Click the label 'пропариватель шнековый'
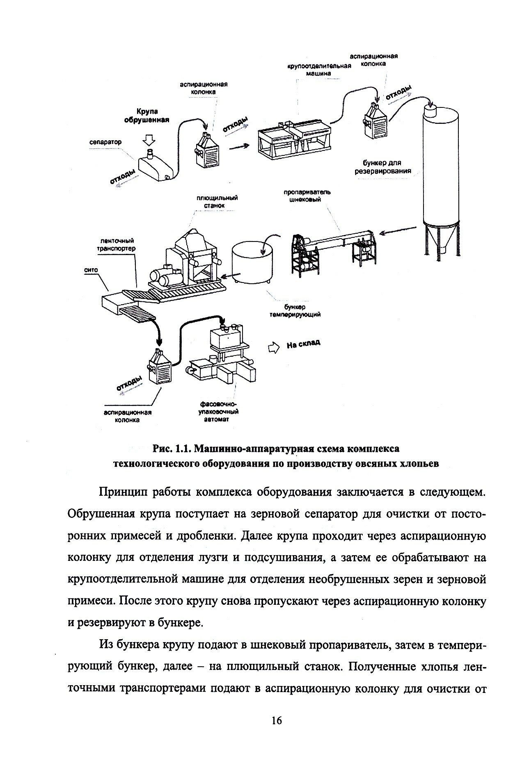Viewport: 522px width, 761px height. click(x=307, y=196)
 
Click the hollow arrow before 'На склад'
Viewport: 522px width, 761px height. click(x=272, y=348)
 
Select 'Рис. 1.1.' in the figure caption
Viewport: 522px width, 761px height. click(x=169, y=449)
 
